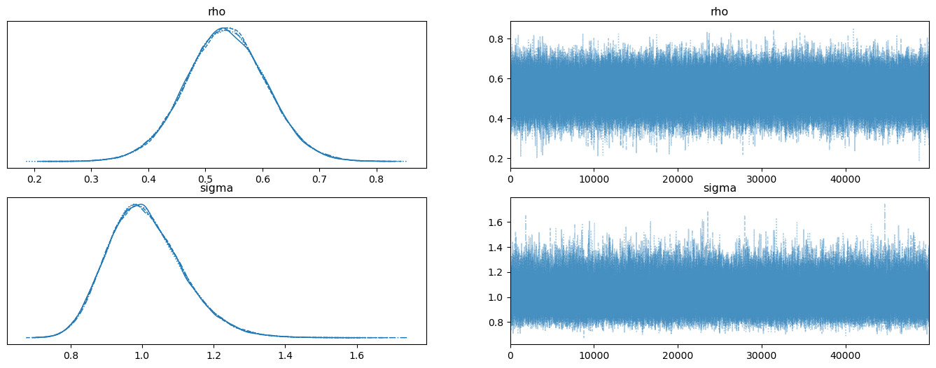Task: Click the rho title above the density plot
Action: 216,12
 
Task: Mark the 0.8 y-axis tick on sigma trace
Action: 496,323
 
